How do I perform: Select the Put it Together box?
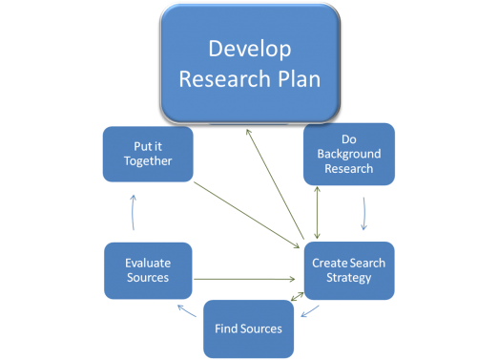[x=148, y=154]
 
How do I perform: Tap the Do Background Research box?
[x=347, y=153]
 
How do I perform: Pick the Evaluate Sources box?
[x=148, y=269]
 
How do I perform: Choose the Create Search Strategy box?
[x=349, y=269]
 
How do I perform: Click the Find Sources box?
[x=248, y=328]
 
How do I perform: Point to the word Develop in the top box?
[x=249, y=48]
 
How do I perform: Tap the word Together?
[x=148, y=161]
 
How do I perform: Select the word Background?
[x=348, y=153]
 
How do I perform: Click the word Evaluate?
[x=148, y=262]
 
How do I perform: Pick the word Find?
[x=225, y=328]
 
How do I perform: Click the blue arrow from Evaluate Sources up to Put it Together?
[x=134, y=212]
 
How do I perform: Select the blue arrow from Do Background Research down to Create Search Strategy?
[x=364, y=214]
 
